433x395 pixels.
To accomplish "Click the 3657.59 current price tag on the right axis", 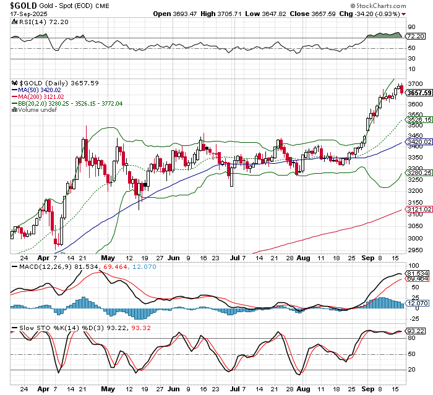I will pos(419,93).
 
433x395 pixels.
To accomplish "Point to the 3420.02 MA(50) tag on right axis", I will pos(419,142).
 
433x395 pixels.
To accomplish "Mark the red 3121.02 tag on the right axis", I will pos(419,210).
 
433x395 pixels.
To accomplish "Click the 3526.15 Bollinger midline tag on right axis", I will pos(419,119).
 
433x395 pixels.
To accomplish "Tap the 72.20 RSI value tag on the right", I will pos(415,36).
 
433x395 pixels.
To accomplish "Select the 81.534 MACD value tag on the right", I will pos(417,273).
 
